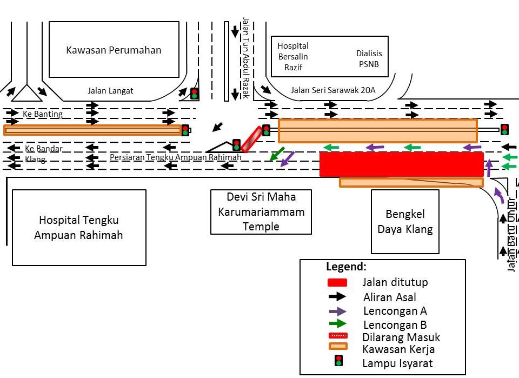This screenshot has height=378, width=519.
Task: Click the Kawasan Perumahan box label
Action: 114,50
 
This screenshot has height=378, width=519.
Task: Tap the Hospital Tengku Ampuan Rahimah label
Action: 79,228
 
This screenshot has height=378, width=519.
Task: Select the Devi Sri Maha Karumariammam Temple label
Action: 261,211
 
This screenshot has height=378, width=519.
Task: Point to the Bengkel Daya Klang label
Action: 405,221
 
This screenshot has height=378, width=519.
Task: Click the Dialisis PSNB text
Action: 369,58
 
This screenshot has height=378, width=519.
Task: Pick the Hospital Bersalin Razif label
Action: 292,56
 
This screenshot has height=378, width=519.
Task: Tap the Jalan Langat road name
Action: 110,91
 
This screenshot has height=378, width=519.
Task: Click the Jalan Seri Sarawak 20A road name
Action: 333,90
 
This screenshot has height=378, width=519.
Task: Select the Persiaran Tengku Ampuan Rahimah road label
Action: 175,157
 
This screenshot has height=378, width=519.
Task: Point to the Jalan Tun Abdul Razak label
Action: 246,57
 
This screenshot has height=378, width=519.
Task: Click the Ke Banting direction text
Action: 43,114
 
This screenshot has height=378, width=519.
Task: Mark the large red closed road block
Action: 401,164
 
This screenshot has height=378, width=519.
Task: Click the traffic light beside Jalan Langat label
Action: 194,94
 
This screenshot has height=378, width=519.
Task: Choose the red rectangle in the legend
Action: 337,282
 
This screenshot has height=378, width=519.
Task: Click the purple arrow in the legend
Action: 337,311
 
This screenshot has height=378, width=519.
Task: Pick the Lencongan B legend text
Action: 395,325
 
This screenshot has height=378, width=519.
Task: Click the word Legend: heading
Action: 346,267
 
